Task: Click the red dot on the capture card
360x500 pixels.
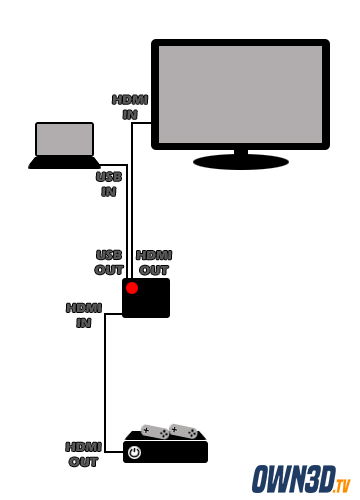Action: tap(132, 288)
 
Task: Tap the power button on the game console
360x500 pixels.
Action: tap(134, 452)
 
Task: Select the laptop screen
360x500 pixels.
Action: tap(64, 139)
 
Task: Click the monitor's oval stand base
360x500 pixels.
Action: tap(241, 162)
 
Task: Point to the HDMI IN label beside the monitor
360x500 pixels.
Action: tap(130, 107)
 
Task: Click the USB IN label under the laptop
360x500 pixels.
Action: tap(109, 184)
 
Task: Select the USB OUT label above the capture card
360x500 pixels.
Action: tap(109, 262)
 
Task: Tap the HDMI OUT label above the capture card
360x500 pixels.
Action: tap(154, 263)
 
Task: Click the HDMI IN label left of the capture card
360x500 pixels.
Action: tap(84, 315)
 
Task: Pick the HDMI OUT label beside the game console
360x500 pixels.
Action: tap(83, 454)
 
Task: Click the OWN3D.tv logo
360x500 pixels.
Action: tap(301, 479)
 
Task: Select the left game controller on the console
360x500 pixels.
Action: tap(155, 431)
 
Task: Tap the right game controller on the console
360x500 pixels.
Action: tap(183, 431)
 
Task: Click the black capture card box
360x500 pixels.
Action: tap(146, 298)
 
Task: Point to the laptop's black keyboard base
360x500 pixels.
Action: tap(64, 163)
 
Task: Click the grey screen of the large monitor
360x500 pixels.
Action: tap(240, 94)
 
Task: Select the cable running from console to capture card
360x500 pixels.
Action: tap(105, 383)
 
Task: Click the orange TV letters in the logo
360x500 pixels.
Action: tap(343, 486)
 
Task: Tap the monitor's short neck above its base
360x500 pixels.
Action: tap(241, 152)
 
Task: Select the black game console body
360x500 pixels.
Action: tap(166, 448)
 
